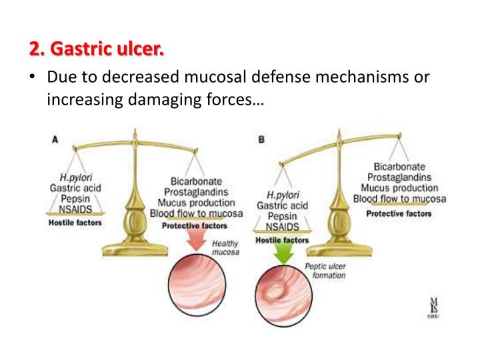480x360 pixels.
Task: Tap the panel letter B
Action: point(261,139)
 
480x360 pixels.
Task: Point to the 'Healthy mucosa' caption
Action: point(225,248)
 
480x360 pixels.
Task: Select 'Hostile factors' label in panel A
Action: point(75,222)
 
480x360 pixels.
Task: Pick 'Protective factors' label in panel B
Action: point(399,213)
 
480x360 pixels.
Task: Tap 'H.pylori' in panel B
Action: point(281,195)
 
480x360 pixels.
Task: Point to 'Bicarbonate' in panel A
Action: point(196,181)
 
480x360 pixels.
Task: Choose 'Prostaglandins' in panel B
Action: point(402,177)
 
